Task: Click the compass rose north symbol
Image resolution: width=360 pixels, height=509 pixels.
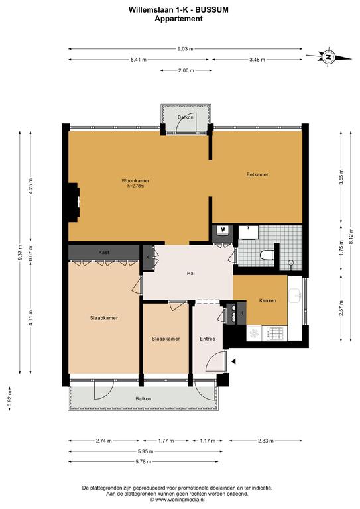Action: pos(328,57)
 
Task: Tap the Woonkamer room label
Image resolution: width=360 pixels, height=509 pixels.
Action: pos(135,180)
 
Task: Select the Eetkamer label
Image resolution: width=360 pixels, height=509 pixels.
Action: pos(257,174)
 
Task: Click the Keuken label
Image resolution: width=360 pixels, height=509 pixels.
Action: pos(268,300)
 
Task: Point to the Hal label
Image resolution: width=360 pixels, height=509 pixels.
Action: pos(190,273)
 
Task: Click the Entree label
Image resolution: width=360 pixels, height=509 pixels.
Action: pos(208,339)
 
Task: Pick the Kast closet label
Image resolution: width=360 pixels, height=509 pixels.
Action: pos(104,252)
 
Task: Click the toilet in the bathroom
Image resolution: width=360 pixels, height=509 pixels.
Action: pos(267,254)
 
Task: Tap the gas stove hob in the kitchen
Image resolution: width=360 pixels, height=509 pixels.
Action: pos(274,333)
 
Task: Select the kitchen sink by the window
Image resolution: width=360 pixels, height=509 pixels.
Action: pos(295,295)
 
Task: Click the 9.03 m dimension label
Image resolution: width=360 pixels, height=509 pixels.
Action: pos(185,49)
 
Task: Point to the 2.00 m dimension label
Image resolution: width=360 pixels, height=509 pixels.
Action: pos(186,70)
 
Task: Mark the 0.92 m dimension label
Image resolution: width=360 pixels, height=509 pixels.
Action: pos(9,398)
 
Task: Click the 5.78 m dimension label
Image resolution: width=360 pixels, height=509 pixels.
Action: pos(143,461)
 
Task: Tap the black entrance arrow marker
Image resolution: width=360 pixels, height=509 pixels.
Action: pos(233,361)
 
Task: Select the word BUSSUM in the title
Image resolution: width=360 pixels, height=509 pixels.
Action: pos(214,10)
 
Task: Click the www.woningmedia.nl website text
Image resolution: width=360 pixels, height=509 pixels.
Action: pos(177,500)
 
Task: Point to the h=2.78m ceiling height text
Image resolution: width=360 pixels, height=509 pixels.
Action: pos(136,186)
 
